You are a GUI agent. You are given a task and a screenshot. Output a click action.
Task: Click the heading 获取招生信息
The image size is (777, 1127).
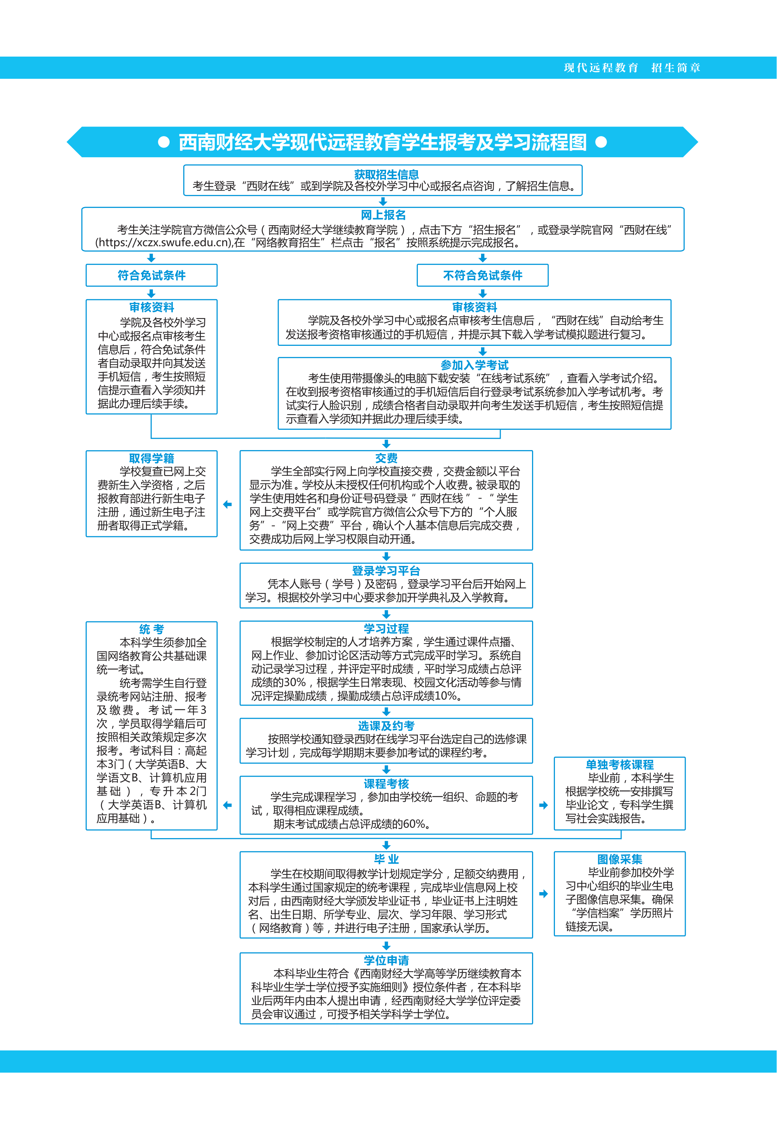coord(386,175)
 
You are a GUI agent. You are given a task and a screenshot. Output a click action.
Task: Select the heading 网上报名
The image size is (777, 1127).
coord(383,215)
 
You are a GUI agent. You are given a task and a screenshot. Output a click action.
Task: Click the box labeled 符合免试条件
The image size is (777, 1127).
coord(151,275)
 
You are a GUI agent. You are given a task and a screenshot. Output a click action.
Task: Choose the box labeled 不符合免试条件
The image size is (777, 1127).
coord(483,275)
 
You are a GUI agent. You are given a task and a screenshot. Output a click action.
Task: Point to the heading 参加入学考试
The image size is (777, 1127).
coord(474,365)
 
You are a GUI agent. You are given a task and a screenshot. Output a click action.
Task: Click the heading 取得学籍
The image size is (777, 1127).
coord(151,458)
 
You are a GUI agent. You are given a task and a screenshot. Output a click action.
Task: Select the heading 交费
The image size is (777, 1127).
coord(386,458)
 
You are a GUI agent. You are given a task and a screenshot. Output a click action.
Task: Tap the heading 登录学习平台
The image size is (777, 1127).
coord(386,571)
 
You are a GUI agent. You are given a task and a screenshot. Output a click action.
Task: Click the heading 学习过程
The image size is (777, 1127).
coord(386,628)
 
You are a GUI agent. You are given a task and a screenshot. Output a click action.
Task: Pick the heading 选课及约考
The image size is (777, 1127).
coord(386,726)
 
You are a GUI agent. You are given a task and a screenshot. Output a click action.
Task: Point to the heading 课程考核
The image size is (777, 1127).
coord(386,783)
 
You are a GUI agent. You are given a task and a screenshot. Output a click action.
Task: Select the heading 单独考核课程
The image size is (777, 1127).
coord(619,765)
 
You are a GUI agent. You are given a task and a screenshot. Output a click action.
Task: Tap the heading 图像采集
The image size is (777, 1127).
coord(619,859)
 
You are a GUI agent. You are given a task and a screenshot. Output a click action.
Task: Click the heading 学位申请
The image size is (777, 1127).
coord(386,960)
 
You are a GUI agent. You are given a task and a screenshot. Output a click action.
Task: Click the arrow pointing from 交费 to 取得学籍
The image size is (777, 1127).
coord(227,504)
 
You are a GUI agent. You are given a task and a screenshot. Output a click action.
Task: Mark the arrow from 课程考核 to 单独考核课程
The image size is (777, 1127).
coord(543,806)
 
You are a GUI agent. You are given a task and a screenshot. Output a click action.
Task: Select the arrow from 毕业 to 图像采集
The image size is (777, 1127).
coord(543,894)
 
